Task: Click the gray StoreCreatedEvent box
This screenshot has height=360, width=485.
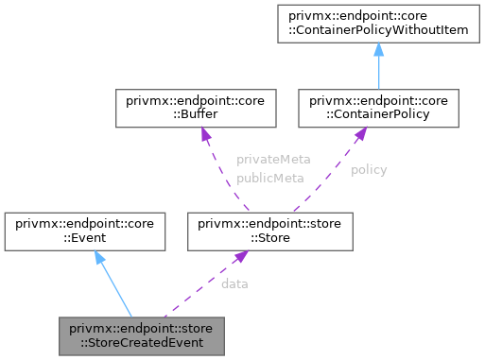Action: tap(141, 334)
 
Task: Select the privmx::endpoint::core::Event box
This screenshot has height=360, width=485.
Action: tap(86, 231)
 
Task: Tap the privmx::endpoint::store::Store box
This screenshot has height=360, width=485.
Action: tap(271, 231)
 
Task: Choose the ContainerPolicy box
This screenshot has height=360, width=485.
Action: tap(378, 108)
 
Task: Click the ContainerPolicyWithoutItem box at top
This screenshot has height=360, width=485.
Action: tap(378, 24)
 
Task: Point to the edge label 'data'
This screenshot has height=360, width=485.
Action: tap(234, 283)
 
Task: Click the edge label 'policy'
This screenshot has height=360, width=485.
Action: tap(369, 170)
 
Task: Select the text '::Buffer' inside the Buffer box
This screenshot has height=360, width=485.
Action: tap(143, 114)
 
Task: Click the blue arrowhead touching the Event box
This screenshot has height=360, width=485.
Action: tap(97, 258)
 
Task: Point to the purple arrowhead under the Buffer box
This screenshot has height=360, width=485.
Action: tap(205, 134)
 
